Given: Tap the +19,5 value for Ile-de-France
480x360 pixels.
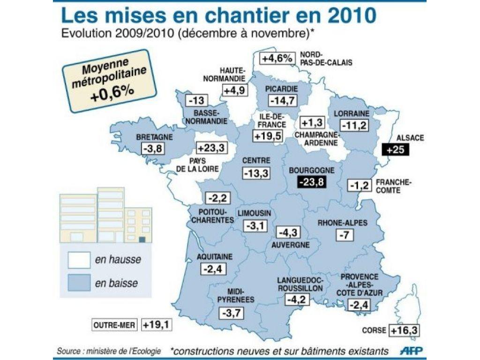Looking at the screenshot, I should point(268,136).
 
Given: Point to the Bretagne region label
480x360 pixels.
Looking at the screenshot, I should point(154,137).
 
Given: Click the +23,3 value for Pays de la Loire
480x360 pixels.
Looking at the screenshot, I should point(210,148).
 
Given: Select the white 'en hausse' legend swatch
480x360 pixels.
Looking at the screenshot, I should point(79,259).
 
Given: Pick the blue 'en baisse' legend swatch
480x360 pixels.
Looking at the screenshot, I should point(79,283).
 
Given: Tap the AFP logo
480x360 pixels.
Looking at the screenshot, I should point(412,350).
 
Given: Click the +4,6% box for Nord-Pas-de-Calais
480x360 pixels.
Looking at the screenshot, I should point(277,58).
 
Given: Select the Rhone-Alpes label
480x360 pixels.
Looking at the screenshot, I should point(342,223).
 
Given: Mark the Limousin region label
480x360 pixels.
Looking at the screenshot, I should point(254,213).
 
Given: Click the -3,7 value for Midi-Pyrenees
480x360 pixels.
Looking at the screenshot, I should point(232,313).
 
